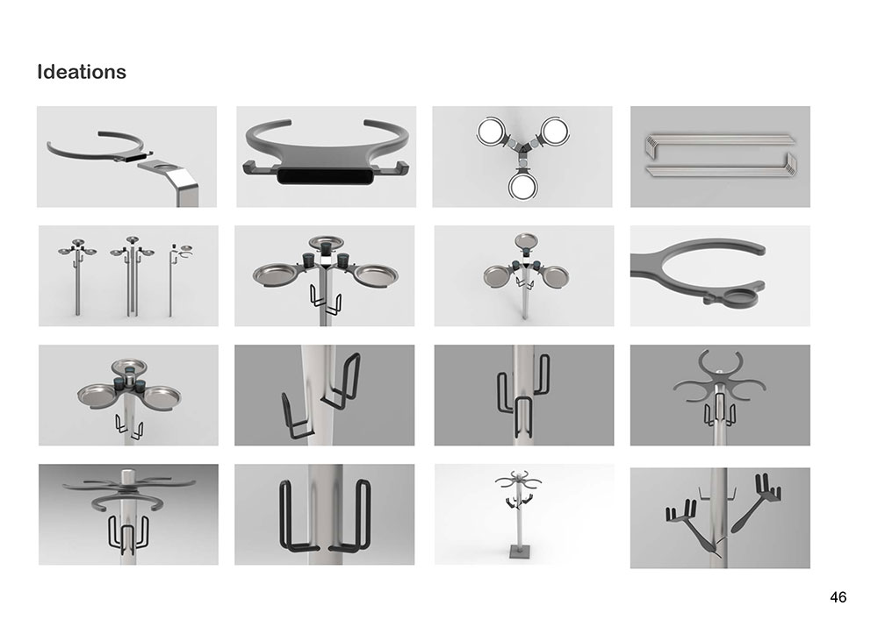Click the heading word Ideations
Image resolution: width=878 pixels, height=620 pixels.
pyautogui.click(x=81, y=72)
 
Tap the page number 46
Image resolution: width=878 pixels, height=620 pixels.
pyautogui.click(x=838, y=597)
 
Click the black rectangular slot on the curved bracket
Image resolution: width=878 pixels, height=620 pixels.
pyautogui.click(x=326, y=175)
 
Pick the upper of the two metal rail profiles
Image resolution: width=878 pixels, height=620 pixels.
pyautogui.click(x=720, y=141)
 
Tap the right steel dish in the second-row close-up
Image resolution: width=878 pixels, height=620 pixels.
pyautogui.click(x=378, y=274)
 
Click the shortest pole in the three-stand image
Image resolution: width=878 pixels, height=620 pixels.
pyautogui.click(x=171, y=283)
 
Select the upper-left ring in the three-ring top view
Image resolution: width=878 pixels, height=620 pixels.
pyautogui.click(x=493, y=132)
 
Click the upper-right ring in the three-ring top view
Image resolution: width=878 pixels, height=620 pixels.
pyautogui.click(x=553, y=132)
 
